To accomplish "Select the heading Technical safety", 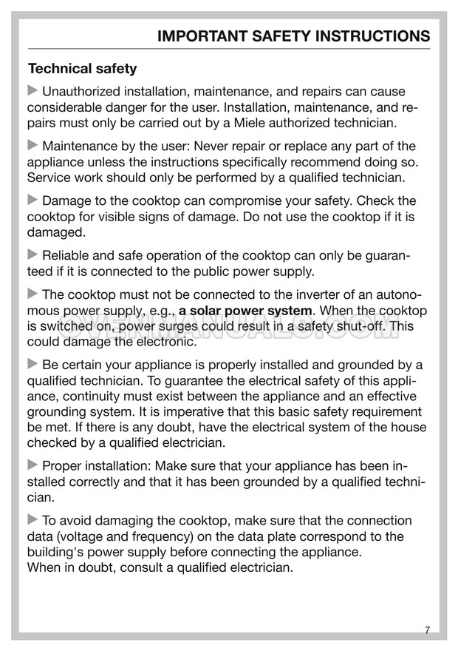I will pyautogui.click(x=82, y=69).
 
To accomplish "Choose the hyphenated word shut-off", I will pyautogui.click(x=360, y=326).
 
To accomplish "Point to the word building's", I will pyautogui.click(x=55, y=553).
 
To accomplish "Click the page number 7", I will pyautogui.click(x=428, y=630).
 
